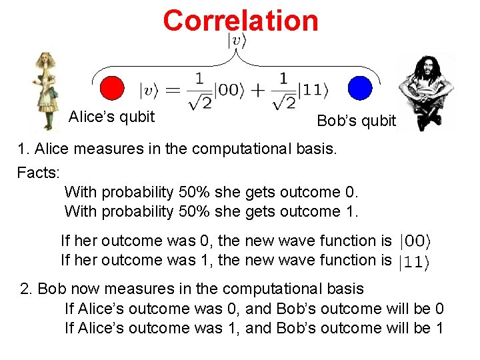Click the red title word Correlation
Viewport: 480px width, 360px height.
[x=241, y=20]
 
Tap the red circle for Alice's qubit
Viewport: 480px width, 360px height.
[x=111, y=88]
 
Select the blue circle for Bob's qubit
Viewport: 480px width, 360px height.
[x=359, y=88]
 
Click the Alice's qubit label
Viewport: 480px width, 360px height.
[x=111, y=117]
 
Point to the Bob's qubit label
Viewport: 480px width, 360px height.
[x=356, y=121]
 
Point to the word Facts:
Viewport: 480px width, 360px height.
[x=39, y=173]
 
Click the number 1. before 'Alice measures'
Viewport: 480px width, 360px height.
[x=23, y=149]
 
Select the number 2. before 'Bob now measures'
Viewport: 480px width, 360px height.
[x=27, y=289]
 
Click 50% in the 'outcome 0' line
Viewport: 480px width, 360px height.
[x=193, y=193]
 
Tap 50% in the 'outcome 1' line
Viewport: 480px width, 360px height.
[x=193, y=212]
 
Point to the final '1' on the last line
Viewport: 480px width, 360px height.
[x=439, y=328]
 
